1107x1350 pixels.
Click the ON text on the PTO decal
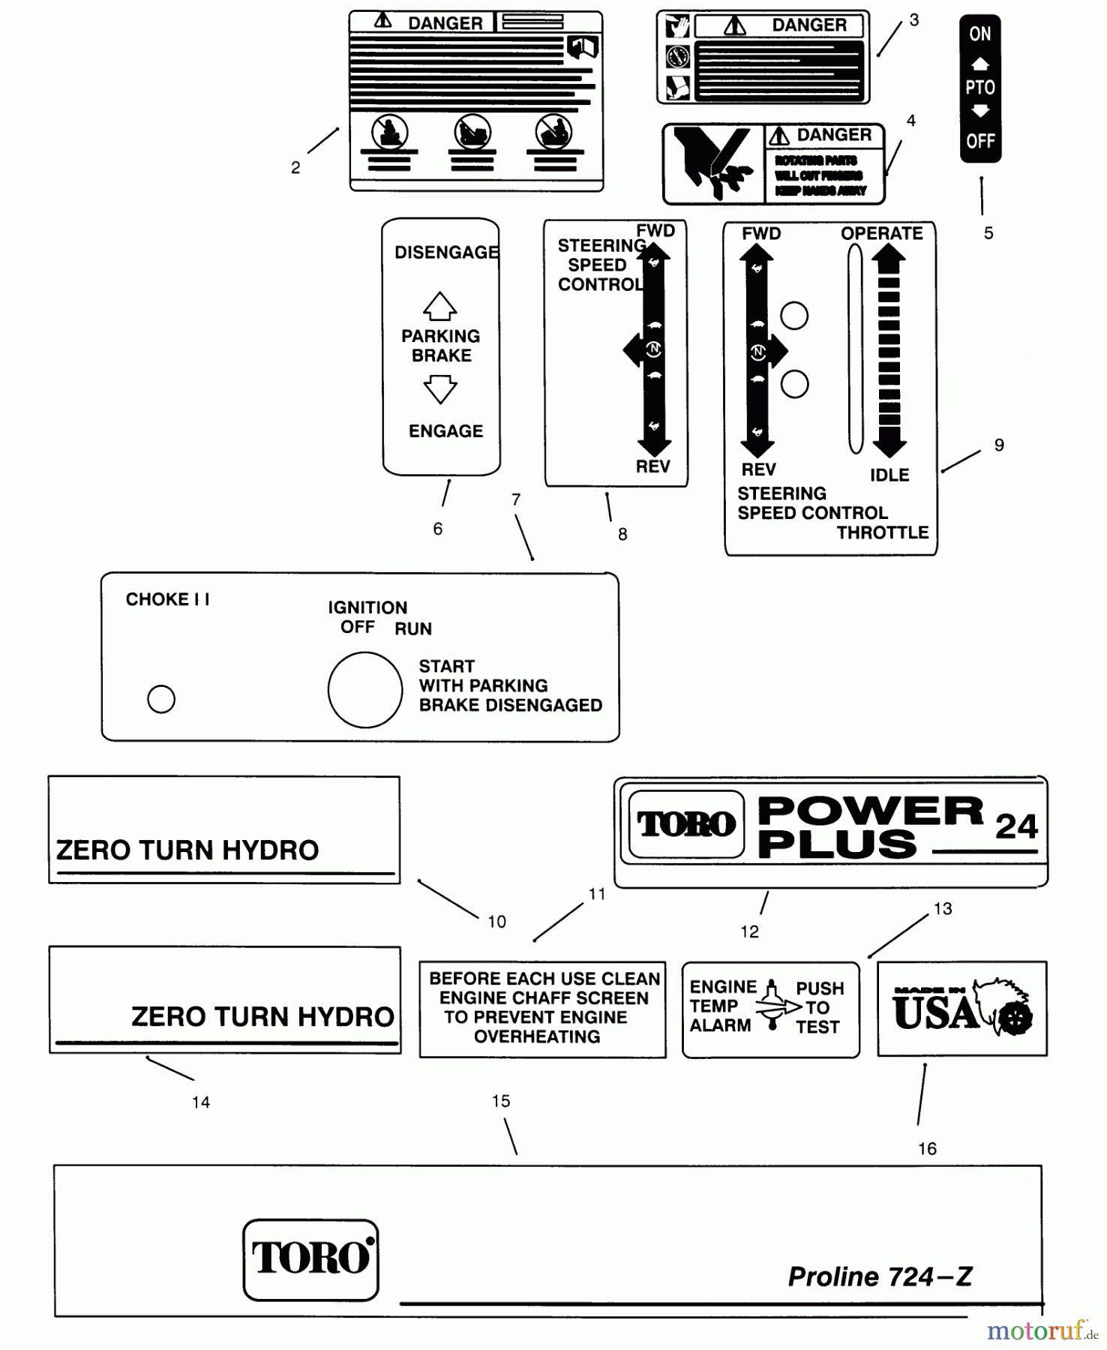[979, 34]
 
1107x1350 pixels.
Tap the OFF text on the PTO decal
[979, 141]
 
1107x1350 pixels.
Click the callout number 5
[988, 233]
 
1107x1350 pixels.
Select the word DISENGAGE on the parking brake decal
[446, 253]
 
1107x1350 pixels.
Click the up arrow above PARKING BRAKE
[440, 306]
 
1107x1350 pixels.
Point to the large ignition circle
[365, 689]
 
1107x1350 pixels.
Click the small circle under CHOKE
[161, 699]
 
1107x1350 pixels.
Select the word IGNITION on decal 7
[367, 607]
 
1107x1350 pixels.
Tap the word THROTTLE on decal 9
[882, 532]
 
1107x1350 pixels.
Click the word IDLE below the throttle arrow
[889, 475]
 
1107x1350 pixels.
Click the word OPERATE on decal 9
[881, 233]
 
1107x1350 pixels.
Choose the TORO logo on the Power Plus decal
[686, 824]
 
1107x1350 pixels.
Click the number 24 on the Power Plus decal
[1015, 826]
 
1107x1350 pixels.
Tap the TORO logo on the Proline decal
[310, 1259]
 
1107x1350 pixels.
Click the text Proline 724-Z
[880, 1276]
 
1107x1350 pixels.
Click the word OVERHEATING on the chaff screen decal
[537, 1036]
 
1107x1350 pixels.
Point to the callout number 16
[927, 1149]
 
